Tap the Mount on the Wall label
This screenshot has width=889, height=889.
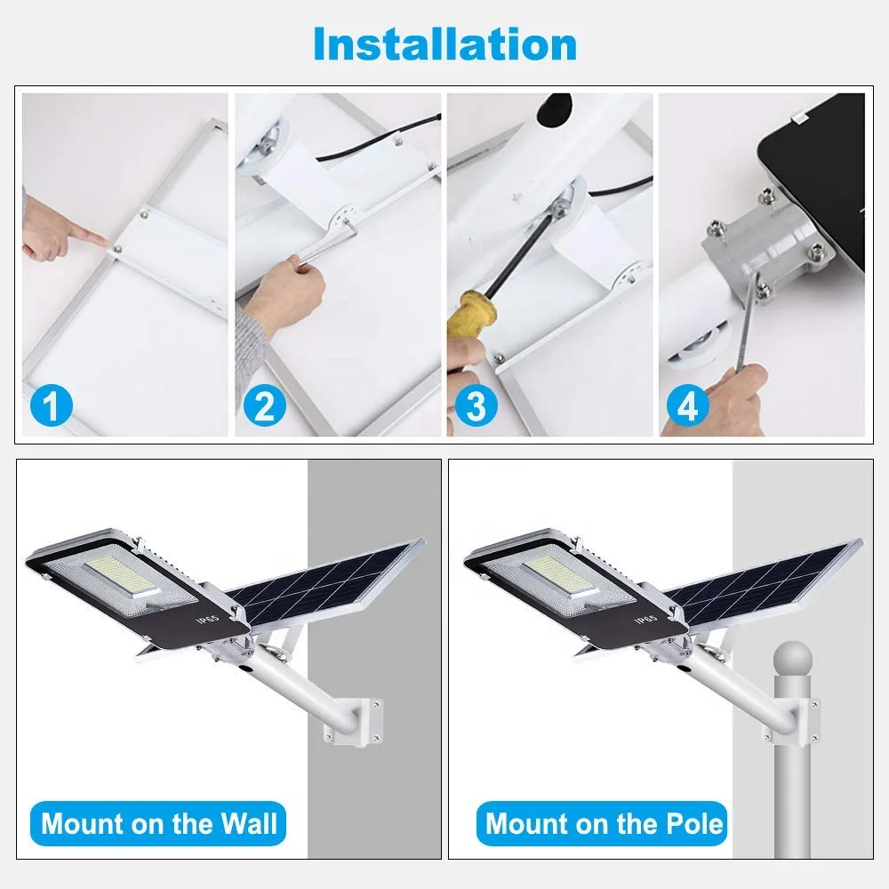[159, 823]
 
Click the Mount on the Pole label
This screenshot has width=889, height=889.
[605, 823]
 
